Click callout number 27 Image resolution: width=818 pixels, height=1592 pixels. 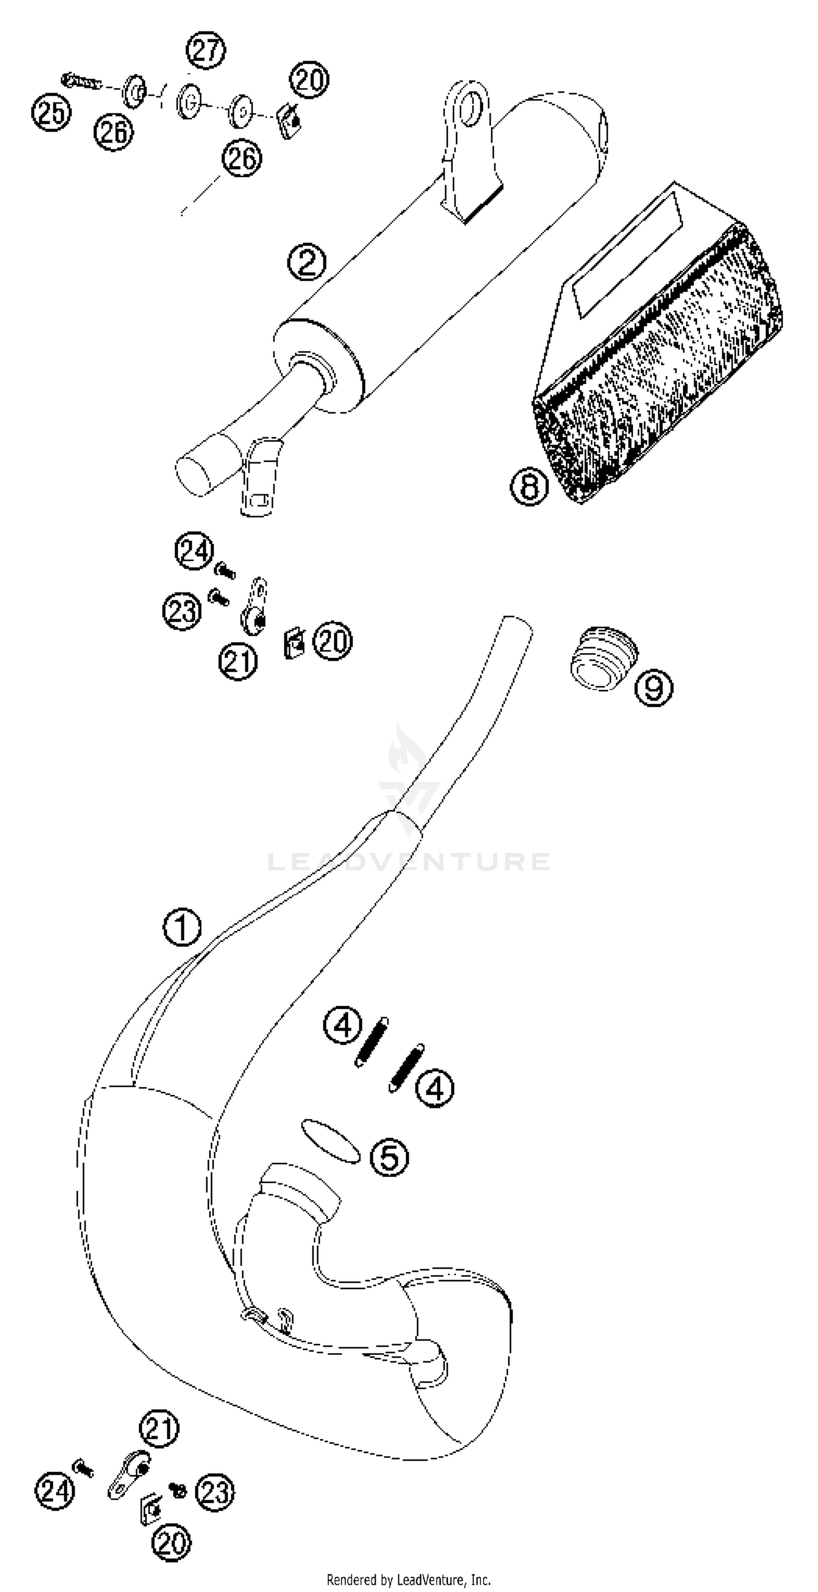[207, 50]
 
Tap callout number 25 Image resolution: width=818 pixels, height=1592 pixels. [51, 112]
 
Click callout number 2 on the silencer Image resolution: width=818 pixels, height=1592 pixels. [306, 262]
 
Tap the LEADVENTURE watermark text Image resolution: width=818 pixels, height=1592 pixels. [408, 861]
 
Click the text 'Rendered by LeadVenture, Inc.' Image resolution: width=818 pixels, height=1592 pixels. [408, 1580]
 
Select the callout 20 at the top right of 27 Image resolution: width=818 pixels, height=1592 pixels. [310, 79]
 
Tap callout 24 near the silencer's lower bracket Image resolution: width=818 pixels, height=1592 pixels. [194, 551]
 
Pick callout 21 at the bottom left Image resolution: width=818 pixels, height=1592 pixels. [160, 1428]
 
